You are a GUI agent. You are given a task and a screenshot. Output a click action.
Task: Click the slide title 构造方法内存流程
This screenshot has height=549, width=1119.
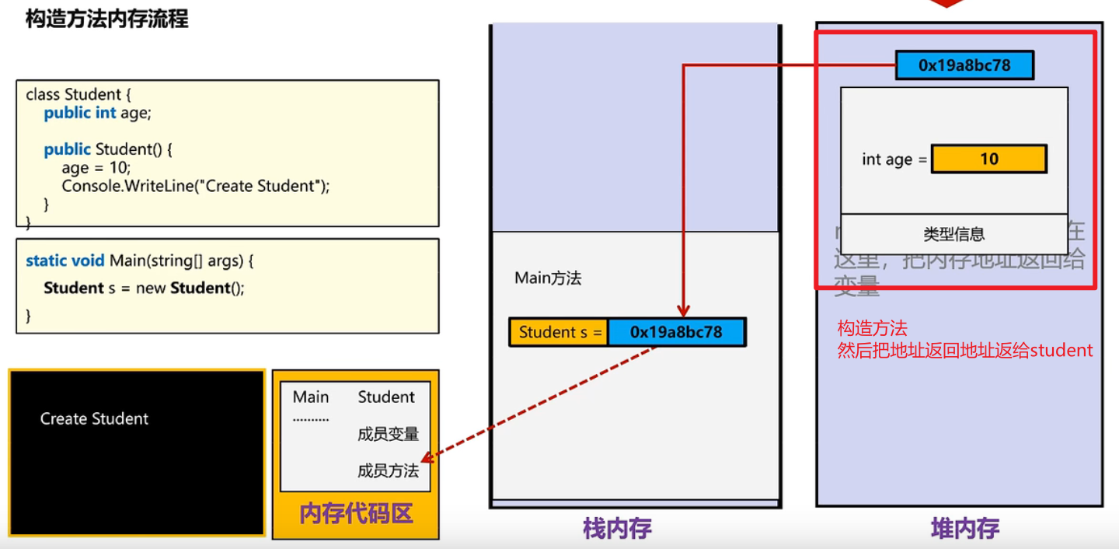click(x=106, y=18)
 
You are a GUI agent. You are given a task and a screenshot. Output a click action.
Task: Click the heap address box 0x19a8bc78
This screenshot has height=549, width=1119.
click(x=964, y=65)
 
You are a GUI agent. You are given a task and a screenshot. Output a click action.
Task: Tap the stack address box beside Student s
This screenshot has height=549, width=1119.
click(x=676, y=332)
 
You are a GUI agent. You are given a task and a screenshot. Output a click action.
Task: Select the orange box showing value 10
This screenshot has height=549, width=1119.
click(x=988, y=159)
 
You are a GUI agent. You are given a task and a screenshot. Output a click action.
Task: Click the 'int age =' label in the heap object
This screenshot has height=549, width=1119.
click(x=894, y=159)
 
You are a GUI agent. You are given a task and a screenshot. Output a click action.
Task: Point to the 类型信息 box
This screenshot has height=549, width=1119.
click(x=953, y=233)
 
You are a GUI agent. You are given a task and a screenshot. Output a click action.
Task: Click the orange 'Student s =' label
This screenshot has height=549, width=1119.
click(x=559, y=332)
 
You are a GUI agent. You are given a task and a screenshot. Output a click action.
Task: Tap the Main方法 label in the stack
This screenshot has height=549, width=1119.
click(x=548, y=278)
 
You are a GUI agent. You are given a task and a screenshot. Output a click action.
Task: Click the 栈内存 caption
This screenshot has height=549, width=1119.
click(x=617, y=529)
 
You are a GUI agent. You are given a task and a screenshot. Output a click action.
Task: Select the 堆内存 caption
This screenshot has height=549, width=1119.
click(x=965, y=529)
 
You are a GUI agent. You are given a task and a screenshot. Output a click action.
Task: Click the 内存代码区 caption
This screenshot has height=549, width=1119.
click(x=356, y=514)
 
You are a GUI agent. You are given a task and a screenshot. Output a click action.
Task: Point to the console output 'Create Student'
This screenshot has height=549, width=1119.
click(x=94, y=418)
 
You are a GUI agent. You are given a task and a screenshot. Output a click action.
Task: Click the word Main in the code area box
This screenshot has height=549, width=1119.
click(x=311, y=397)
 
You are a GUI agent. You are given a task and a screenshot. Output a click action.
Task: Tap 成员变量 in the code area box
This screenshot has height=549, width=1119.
click(x=388, y=434)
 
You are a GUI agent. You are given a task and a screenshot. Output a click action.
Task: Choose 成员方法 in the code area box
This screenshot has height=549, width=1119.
click(x=388, y=470)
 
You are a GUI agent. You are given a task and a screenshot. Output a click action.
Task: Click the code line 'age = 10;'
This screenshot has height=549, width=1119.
click(x=96, y=167)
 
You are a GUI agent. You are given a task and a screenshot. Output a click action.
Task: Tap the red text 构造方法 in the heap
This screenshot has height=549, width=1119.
click(x=872, y=328)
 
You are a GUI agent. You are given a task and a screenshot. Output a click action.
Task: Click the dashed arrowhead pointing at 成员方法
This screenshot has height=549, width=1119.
click(x=427, y=459)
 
